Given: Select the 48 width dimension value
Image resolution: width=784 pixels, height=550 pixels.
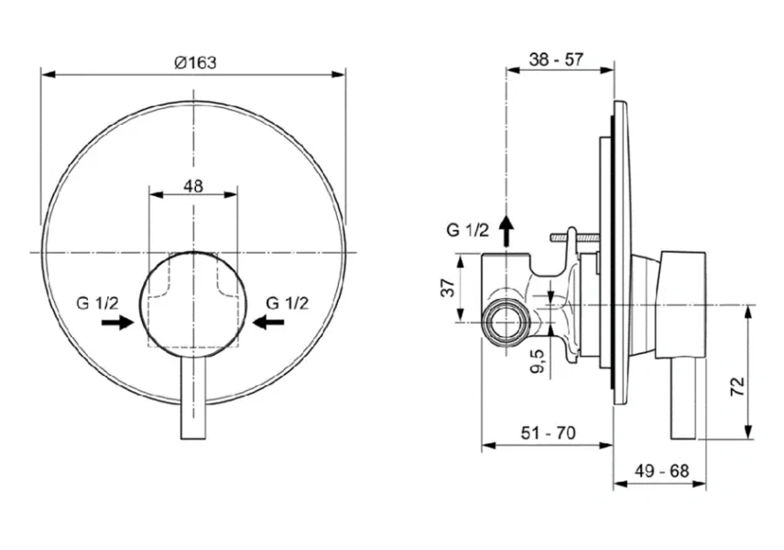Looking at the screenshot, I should pos(193,185).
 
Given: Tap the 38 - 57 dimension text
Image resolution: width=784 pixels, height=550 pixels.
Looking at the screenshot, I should pos(557,60).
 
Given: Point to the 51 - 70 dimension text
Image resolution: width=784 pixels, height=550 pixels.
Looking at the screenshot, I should pos(548,434).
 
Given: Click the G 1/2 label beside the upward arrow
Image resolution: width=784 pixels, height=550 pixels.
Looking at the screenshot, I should pos(468,230).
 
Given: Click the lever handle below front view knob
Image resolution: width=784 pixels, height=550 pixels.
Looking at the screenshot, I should pos(193,403).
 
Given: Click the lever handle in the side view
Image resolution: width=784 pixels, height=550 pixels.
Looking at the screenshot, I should pos(685,399).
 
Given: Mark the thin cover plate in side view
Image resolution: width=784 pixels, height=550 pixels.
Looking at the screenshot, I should pos(619,247).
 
